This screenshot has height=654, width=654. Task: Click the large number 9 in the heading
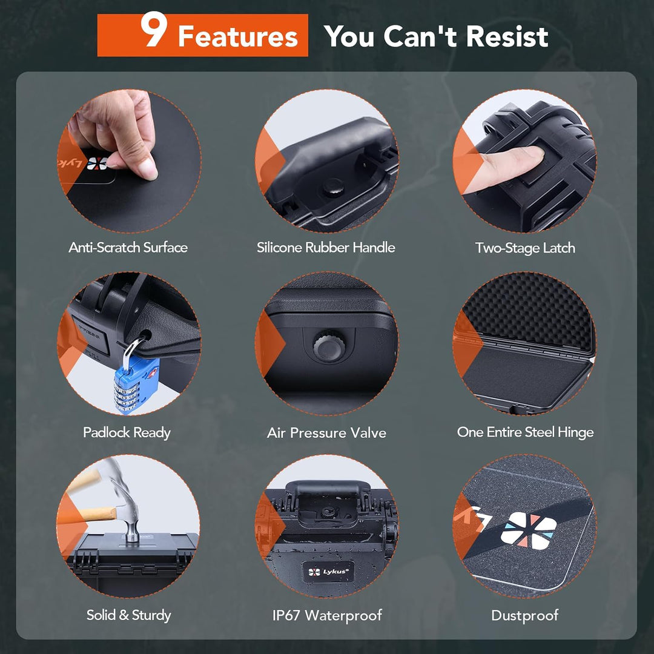tap(154, 30)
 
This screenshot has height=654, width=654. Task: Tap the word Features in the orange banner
tap(238, 36)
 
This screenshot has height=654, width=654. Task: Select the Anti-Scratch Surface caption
tap(128, 247)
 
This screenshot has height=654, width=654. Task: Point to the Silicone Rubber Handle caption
tap(326, 247)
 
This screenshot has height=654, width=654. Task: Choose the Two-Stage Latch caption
tap(525, 248)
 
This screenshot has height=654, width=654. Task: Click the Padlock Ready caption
tap(127, 432)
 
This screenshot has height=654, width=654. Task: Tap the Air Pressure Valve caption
tap(326, 432)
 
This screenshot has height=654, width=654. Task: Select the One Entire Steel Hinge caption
tap(525, 432)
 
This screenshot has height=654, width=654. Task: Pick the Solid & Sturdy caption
tap(128, 615)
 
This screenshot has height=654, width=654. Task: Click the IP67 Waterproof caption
tap(327, 615)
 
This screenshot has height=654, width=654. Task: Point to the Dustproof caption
tap(524, 616)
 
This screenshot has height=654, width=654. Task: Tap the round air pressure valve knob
tap(329, 346)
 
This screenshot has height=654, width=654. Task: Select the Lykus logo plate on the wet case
tap(328, 572)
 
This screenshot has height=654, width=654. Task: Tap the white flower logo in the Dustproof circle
tap(529, 530)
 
